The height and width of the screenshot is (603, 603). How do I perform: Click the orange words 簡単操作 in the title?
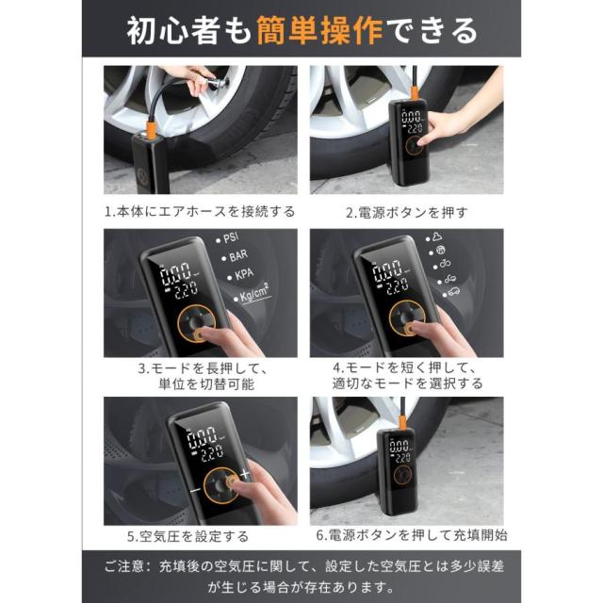point(319,31)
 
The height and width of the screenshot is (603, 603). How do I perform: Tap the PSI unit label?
point(231,237)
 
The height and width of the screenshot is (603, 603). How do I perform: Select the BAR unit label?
point(238,255)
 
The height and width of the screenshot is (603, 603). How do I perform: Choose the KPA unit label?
point(244,274)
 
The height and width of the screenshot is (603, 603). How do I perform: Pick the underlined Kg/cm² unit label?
point(254,293)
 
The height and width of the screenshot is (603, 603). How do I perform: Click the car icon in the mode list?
point(453,291)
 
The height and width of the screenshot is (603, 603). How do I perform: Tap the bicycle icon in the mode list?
point(445,264)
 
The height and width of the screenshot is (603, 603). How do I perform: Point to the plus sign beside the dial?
point(245,474)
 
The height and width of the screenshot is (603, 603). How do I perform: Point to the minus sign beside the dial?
point(195,490)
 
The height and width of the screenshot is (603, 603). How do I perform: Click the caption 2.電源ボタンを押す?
point(407,212)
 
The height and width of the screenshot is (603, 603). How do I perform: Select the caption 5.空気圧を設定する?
point(188,536)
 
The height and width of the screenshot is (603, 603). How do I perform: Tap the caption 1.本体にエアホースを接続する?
point(200,211)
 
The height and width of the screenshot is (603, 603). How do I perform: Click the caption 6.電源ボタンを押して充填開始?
point(412,535)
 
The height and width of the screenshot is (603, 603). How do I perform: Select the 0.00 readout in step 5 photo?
point(202,436)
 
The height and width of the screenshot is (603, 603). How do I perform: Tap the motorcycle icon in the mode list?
point(449,279)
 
